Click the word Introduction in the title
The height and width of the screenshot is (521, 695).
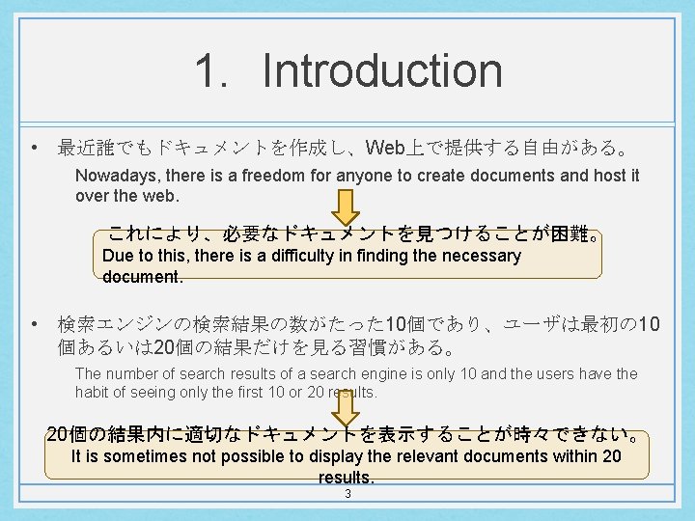(381, 70)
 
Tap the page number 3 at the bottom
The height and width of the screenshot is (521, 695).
(347, 494)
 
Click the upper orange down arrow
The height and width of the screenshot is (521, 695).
(347, 206)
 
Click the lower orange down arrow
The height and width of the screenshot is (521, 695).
(347, 406)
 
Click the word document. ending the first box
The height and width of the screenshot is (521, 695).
(142, 276)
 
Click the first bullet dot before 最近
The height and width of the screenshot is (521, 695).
(34, 149)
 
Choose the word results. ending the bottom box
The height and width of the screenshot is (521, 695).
(347, 478)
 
